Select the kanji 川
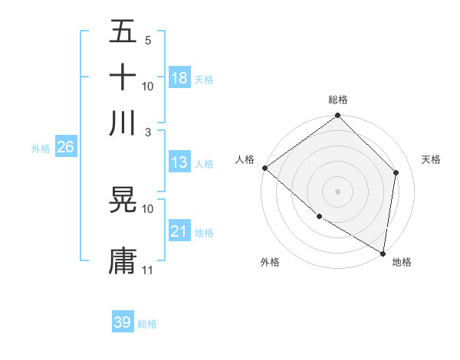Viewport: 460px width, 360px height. pos(123,122)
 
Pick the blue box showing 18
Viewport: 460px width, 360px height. pos(179,78)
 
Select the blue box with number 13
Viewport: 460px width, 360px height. pos(179,162)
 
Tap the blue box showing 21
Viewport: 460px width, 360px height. pos(179,231)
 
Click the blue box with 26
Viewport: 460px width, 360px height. pos(65,148)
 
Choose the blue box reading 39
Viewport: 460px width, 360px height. pos(123,322)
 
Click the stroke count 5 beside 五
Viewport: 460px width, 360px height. pos(147,41)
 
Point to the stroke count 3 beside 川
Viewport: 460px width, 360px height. pos(147,132)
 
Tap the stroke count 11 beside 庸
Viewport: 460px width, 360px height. pos(147,270)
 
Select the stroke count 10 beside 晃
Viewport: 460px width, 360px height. pos(147,208)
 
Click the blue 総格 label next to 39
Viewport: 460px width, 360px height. pos(147,324)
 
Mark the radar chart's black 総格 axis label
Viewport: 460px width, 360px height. pos(337,100)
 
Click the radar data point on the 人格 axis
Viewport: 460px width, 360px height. pos(264,168)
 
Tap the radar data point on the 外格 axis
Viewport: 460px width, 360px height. pos(319,217)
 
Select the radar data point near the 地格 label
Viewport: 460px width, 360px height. pos(383,253)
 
